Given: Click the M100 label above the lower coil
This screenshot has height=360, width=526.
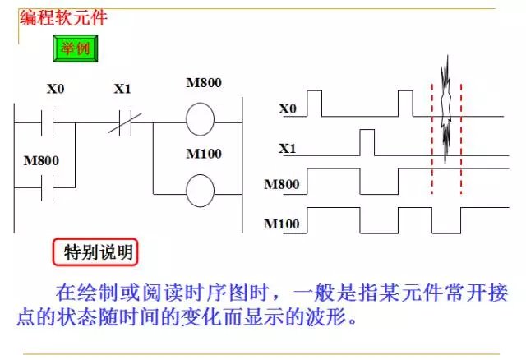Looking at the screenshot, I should (x=203, y=154).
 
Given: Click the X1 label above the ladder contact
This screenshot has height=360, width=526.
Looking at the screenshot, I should (x=122, y=88).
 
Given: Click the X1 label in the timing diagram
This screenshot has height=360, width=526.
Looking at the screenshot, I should (x=287, y=149).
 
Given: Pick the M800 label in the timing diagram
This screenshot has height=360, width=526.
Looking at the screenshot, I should (x=281, y=185).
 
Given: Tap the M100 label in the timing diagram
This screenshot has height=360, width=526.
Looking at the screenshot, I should (x=281, y=224).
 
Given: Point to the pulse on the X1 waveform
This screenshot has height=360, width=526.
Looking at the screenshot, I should (x=367, y=141).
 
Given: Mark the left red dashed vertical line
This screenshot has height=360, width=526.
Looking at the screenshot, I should (x=433, y=140).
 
